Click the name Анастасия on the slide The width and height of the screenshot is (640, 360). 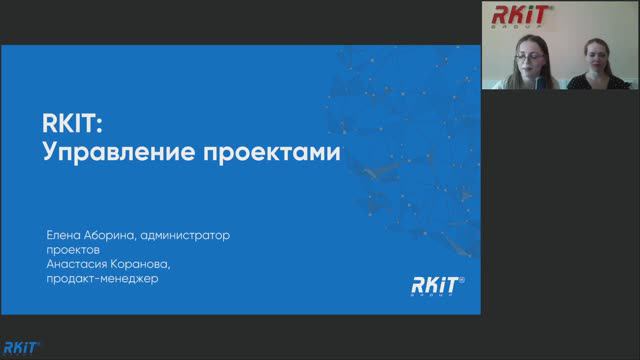pyautogui.click(x=79, y=264)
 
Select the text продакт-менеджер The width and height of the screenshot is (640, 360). pyautogui.click(x=103, y=278)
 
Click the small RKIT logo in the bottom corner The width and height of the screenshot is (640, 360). pyautogui.click(x=20, y=348)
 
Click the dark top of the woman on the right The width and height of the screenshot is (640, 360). pyautogui.click(x=590, y=84)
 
